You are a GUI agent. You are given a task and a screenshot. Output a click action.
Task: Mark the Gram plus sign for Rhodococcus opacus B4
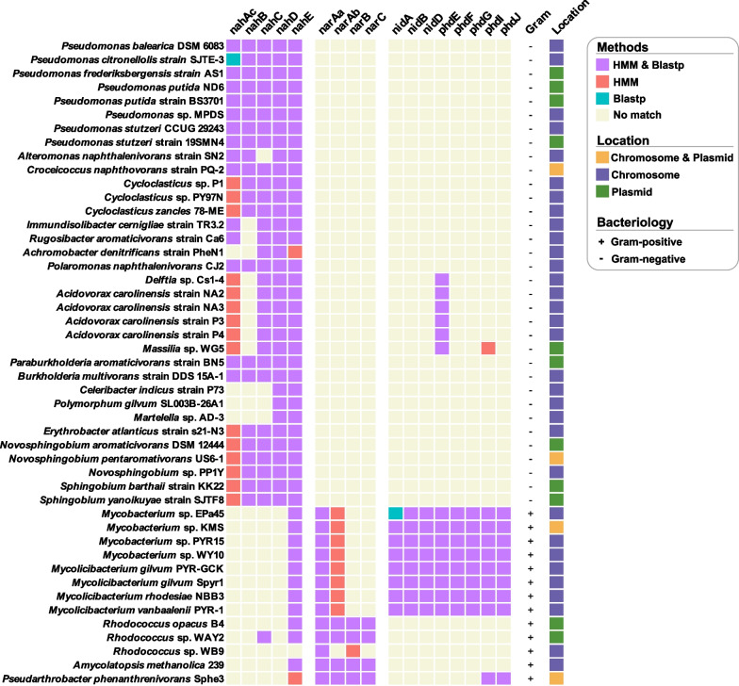pyautogui.click(x=531, y=622)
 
